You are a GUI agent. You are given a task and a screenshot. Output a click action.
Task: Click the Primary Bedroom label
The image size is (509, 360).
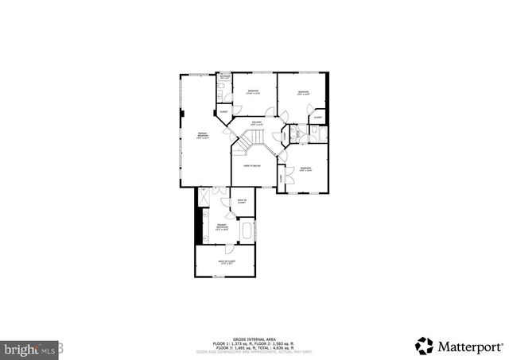point(204,135)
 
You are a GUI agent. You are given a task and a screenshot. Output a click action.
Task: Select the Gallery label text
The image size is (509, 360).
point(256,123)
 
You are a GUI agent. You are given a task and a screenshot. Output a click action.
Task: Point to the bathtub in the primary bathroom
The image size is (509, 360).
point(247,233)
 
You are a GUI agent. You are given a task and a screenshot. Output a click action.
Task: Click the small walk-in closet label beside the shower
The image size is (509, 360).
point(243,201)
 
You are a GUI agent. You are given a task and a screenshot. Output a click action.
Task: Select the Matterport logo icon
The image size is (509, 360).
point(424,346)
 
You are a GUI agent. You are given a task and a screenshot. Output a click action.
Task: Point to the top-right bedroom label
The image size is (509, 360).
point(304,93)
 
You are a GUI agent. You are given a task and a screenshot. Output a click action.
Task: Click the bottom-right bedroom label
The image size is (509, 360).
point(305,168)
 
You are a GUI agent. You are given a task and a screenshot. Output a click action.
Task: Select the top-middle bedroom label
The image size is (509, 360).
point(253,92)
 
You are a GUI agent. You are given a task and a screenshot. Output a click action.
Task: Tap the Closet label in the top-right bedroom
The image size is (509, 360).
point(317,117)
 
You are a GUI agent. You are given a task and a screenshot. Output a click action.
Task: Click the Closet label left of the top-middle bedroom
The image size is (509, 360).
point(223,111)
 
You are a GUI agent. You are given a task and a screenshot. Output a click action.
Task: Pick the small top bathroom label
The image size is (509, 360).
point(225,78)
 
